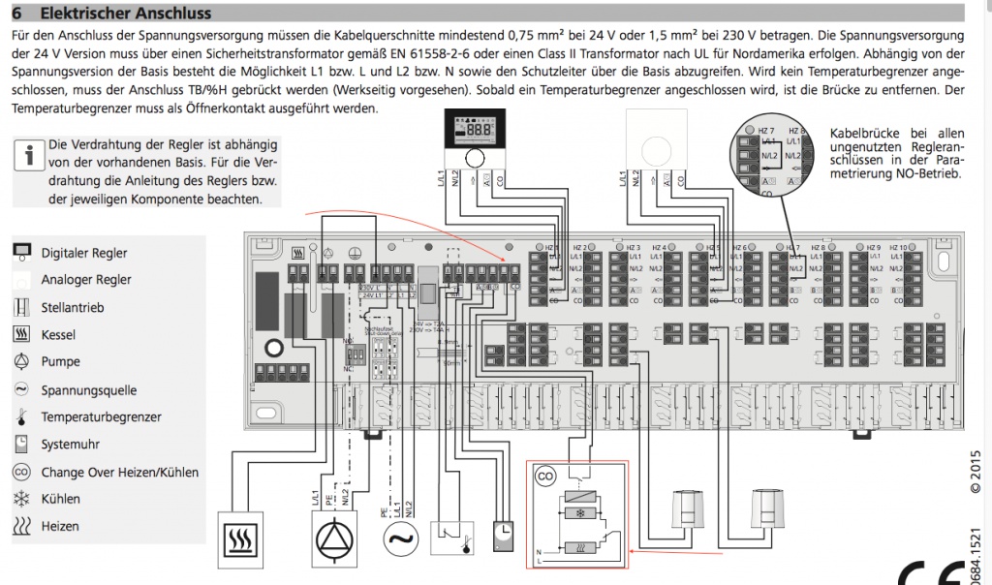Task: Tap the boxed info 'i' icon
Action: (28, 154)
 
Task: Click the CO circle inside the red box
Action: (546, 477)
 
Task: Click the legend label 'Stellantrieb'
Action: (73, 307)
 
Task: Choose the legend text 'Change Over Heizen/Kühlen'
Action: (119, 472)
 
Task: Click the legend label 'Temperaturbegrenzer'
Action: (101, 417)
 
